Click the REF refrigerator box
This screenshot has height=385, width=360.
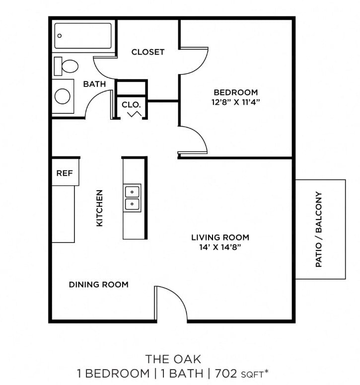coord(65,173)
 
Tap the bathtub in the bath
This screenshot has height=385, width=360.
coord(83,36)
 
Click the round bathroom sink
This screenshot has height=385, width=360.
coord(63,95)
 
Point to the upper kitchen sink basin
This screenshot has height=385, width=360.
coord(132,191)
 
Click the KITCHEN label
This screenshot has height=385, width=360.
coord(99,208)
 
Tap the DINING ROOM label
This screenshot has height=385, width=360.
coord(98,285)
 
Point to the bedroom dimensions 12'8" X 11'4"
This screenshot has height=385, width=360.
coord(236,102)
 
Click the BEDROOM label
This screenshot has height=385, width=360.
coord(236,92)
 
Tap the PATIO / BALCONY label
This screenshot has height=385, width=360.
coord(319,230)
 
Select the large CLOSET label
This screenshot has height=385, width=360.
coord(147,52)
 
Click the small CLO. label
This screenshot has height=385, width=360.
coord(132,105)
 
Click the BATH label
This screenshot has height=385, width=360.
coord(94,84)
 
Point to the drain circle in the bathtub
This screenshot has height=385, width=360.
coord(59,36)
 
